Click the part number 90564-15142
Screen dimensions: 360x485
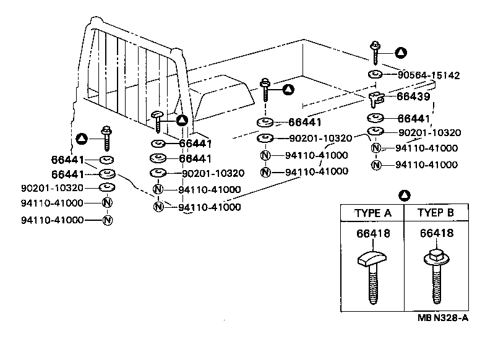click(x=428, y=75)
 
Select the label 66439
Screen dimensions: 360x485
click(x=413, y=96)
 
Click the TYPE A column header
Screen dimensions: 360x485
click(x=372, y=213)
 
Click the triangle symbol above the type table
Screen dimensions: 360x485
click(x=404, y=195)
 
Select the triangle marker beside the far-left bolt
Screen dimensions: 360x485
click(x=81, y=139)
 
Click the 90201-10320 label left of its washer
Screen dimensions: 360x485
click(x=52, y=187)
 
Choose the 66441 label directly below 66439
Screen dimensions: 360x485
click(x=413, y=118)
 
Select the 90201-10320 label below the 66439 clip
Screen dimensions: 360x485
click(x=429, y=132)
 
